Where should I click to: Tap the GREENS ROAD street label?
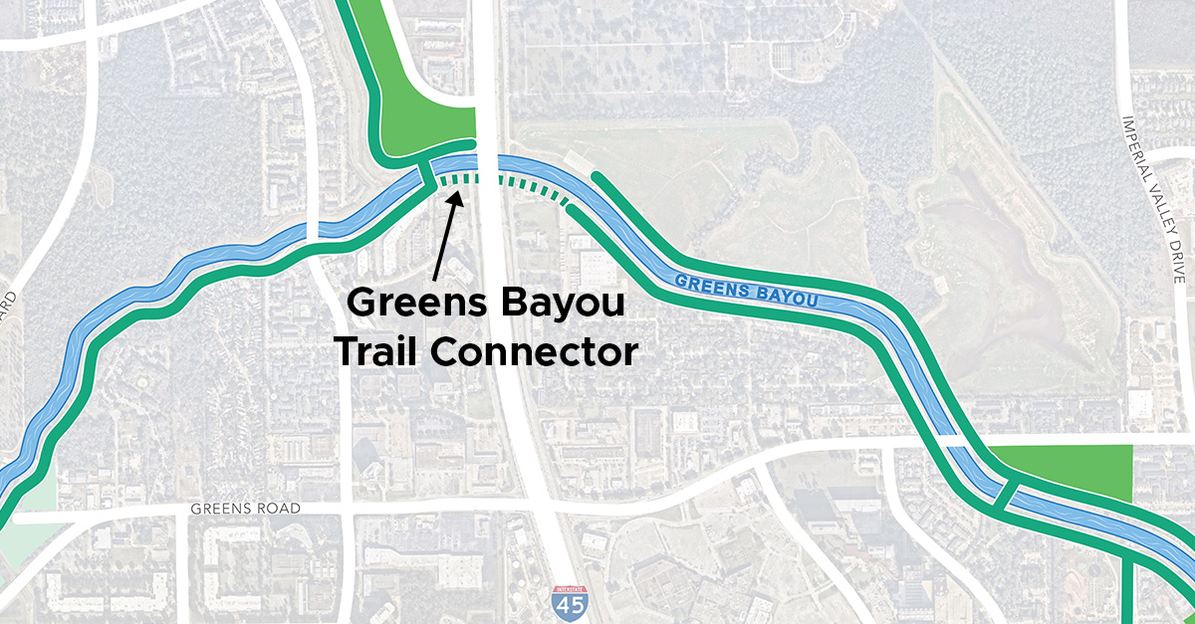pos(245,509)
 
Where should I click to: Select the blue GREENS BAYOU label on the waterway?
pos(746,291)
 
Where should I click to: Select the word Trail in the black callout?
pos(386,351)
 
